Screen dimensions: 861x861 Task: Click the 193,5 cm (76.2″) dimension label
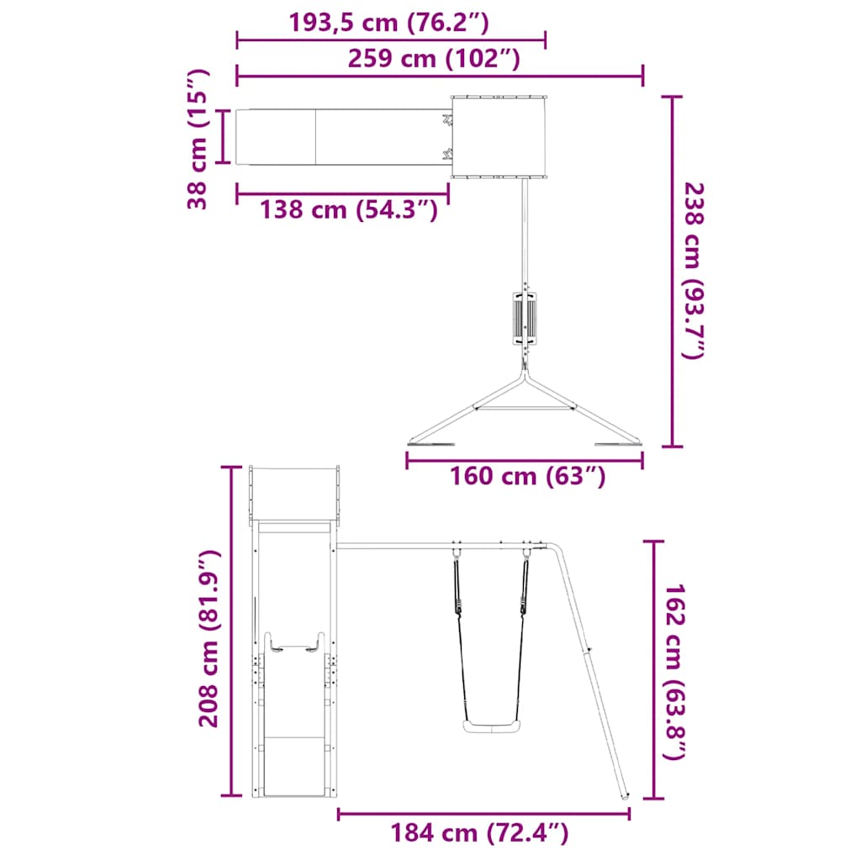click(x=388, y=23)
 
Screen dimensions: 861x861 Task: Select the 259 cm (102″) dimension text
click(x=434, y=58)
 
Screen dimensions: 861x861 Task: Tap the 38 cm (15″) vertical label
click(x=198, y=139)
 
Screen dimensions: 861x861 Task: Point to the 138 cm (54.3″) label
click(x=349, y=209)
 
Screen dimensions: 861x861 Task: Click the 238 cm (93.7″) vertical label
click(x=693, y=271)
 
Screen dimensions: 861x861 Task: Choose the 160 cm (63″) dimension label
click(x=528, y=476)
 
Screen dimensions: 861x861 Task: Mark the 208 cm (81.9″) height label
click(x=209, y=638)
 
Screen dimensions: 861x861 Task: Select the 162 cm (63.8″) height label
click(x=675, y=672)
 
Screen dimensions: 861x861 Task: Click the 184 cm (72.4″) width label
click(x=479, y=832)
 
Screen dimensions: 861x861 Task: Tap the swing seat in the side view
click(x=490, y=726)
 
